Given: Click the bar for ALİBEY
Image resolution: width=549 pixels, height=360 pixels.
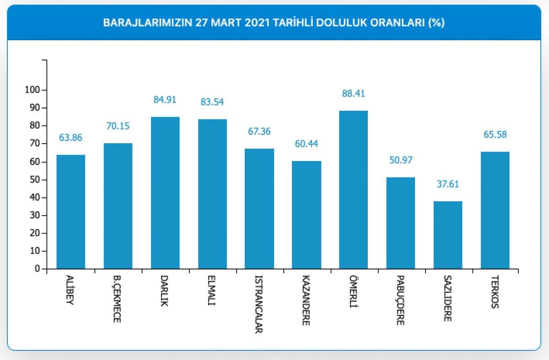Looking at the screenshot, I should tap(70, 212).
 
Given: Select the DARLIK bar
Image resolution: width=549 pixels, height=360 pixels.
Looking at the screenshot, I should tap(165, 193).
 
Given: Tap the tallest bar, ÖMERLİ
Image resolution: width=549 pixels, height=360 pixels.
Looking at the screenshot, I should tap(353, 190).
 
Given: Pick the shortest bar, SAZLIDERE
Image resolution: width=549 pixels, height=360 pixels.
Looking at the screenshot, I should tap(447, 235).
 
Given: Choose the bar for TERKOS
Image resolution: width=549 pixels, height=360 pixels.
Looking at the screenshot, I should tap(495, 210).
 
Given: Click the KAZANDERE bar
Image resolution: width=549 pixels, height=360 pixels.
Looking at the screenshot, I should tap(306, 215).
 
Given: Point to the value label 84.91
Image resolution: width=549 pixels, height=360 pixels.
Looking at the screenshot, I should tap(165, 100).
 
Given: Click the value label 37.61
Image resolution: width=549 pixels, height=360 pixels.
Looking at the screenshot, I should tap(447, 184).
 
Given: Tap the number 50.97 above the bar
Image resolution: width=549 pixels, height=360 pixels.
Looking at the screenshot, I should tap(400, 161).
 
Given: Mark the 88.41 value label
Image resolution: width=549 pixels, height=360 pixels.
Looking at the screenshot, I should tap(353, 94).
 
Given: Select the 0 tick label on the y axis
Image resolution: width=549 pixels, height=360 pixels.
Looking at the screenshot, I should tap(37, 269).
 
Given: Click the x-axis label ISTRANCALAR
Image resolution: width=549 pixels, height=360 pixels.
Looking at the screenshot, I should tap(259, 304).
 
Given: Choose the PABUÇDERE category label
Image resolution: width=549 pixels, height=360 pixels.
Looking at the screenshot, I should tap(400, 300).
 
